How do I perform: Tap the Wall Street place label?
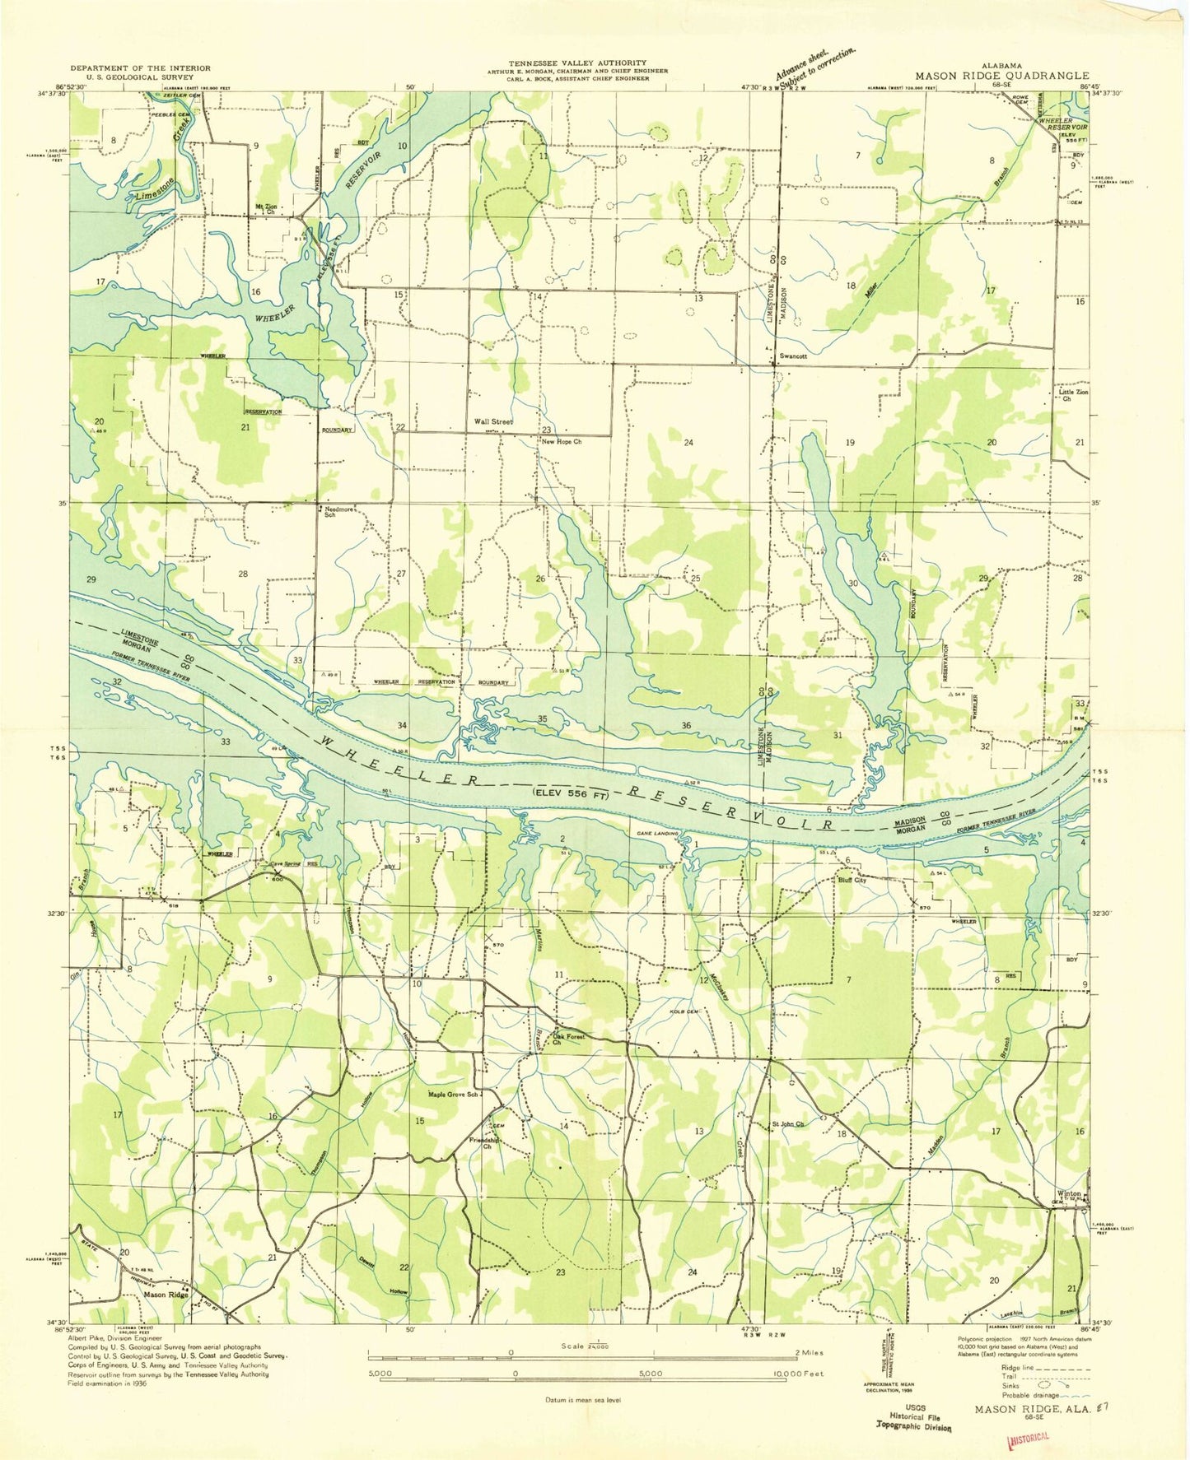[x=492, y=421]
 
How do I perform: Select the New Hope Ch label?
[x=561, y=442]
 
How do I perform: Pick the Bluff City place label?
[x=852, y=880]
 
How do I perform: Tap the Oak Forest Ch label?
[x=567, y=1039]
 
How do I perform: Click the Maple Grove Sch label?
[x=452, y=1095]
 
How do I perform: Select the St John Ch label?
[x=787, y=1124]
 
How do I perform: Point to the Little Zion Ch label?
[x=1072, y=395]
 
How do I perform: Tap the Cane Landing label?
[x=658, y=834]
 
